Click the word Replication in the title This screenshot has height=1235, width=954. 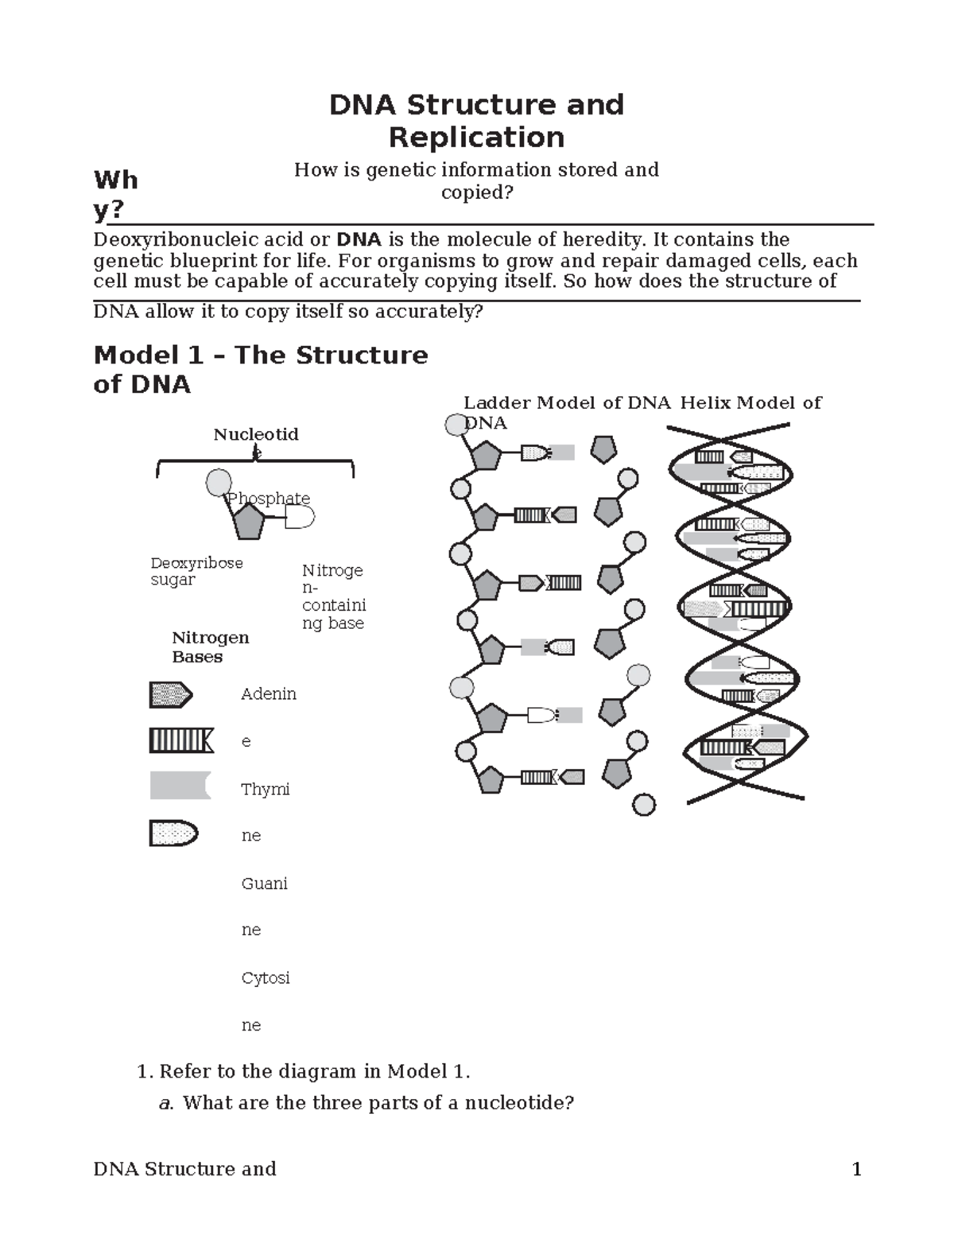tap(476, 138)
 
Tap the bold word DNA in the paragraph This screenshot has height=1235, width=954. tap(359, 240)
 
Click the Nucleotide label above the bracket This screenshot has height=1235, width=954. tap(255, 435)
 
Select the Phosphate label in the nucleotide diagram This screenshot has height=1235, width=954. tap(269, 499)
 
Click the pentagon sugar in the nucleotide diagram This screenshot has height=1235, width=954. tap(248, 521)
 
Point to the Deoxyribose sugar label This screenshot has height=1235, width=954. tap(196, 571)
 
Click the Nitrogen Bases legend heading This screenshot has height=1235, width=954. tap(210, 647)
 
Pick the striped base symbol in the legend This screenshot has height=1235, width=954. tap(180, 741)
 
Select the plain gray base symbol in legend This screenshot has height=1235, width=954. tap(180, 786)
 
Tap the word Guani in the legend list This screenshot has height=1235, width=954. tap(264, 884)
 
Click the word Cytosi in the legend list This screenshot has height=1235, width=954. tap(265, 978)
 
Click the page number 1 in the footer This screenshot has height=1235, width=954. tap(856, 1169)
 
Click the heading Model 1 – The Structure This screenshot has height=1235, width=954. tap(261, 355)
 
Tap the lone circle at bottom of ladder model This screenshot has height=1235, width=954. tap(643, 805)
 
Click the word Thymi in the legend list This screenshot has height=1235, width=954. tap(265, 790)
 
